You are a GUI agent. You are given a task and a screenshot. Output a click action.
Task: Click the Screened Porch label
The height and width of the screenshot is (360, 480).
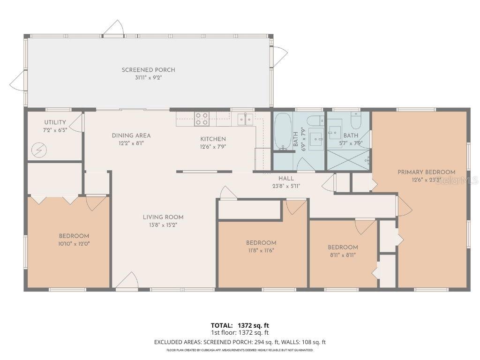149,70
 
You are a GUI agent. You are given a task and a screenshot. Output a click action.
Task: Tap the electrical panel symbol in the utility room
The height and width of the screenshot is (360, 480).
39,150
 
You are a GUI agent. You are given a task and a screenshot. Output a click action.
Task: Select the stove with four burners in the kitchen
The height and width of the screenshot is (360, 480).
202,119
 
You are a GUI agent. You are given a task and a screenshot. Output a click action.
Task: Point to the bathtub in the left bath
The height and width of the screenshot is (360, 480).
283,132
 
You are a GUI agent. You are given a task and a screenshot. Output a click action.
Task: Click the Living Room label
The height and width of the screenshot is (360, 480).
163,217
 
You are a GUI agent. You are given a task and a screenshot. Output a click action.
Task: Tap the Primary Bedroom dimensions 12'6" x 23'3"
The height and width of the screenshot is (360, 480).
427,180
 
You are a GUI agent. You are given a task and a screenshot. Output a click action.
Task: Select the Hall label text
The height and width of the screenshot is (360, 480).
286,179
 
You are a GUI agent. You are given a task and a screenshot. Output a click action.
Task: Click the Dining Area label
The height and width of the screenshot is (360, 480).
131,135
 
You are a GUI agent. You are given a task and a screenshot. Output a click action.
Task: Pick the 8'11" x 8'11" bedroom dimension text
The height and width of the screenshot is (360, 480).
343,255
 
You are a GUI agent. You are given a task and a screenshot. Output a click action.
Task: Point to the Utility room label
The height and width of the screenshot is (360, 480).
55,122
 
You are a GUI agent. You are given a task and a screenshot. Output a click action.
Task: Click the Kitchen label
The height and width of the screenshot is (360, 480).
213,139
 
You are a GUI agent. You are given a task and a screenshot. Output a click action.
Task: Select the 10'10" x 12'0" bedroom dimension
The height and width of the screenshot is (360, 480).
74,244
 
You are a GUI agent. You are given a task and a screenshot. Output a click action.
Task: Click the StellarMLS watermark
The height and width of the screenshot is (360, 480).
457,181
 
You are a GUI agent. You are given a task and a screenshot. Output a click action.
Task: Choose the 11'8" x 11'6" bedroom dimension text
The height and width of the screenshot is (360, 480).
261,250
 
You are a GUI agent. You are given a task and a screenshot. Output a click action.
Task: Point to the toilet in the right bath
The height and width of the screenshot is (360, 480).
356,121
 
